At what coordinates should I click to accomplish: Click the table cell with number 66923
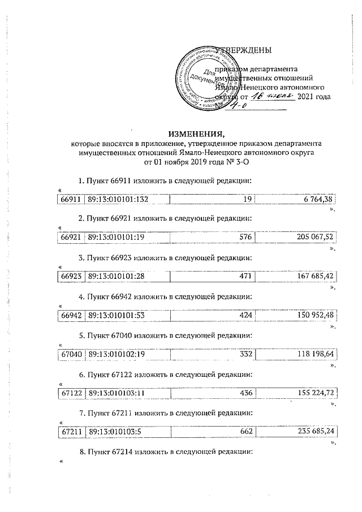(x=71, y=276)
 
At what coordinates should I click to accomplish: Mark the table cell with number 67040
(x=71, y=354)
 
